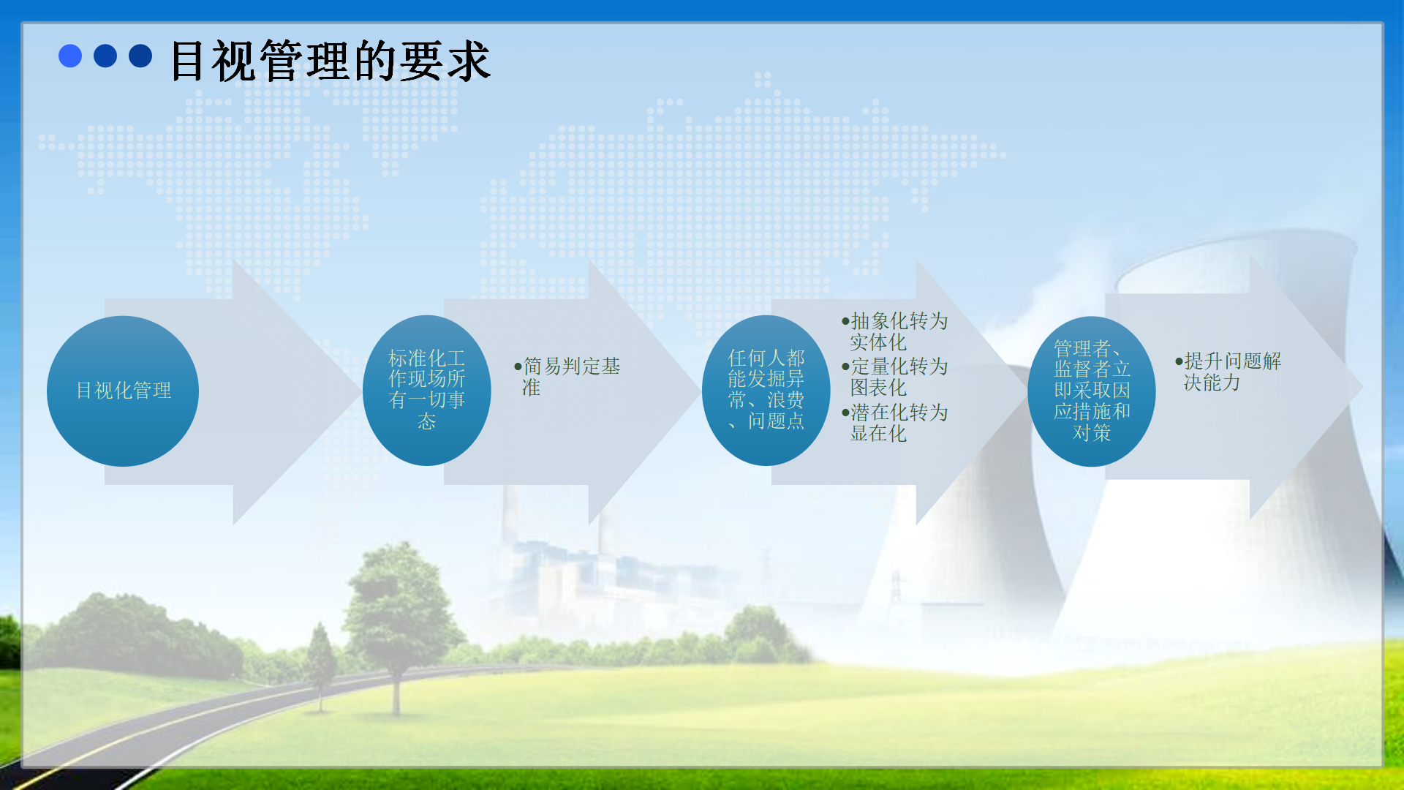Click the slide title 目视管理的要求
click(330, 61)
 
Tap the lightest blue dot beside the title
click(70, 56)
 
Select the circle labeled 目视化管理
click(123, 391)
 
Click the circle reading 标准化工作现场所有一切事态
click(427, 391)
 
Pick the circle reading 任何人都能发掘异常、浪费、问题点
click(766, 391)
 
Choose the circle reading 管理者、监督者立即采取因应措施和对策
click(1092, 391)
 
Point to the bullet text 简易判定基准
click(567, 376)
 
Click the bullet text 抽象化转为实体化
click(895, 331)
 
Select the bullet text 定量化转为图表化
click(895, 377)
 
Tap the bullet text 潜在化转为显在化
click(895, 423)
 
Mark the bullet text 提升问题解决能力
click(1228, 372)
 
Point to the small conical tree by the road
click(320, 666)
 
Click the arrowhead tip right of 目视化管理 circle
click(361, 391)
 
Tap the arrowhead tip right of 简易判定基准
click(701, 391)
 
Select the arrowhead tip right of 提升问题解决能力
click(1362, 386)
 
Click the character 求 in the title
click(469, 61)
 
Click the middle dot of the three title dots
click(105, 56)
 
